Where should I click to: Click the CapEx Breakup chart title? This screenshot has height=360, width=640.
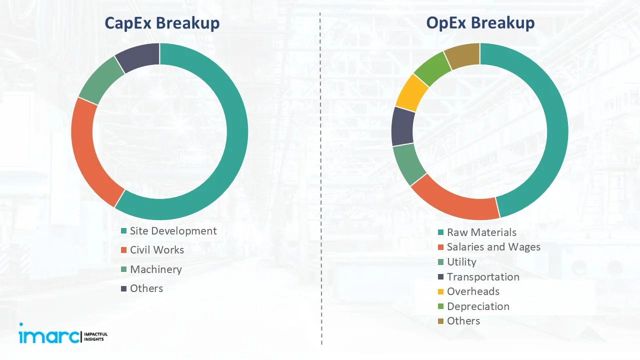[x=161, y=23]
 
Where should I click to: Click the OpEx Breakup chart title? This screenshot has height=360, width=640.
[x=480, y=23]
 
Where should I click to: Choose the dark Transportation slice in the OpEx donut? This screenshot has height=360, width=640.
[x=403, y=125]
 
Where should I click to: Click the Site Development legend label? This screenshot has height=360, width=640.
[x=173, y=231]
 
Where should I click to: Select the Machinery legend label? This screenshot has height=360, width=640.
[x=155, y=269]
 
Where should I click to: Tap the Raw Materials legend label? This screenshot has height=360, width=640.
[x=481, y=232]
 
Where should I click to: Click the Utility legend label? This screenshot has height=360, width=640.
[x=461, y=262]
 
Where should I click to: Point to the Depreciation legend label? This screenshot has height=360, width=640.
[x=478, y=306]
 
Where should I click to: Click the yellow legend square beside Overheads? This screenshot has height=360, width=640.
[x=440, y=291]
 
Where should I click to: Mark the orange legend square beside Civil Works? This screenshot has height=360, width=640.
[x=123, y=250]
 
